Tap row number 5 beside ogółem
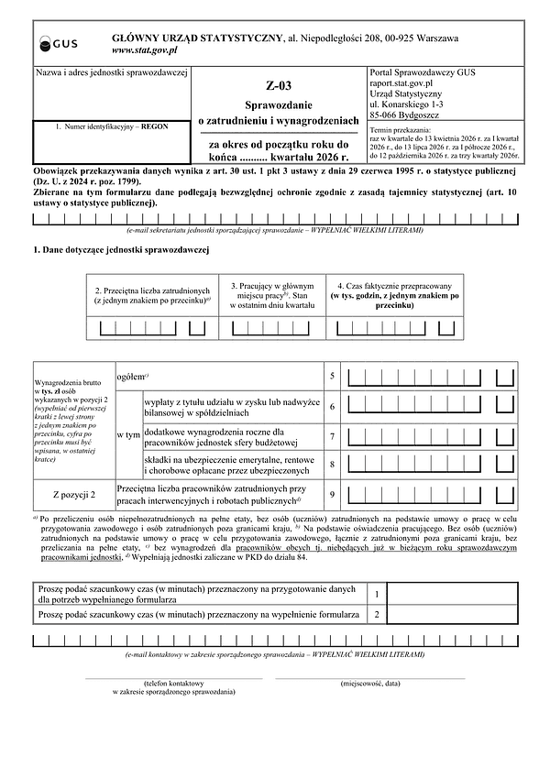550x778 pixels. [332, 377]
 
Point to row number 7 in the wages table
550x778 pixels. [332, 436]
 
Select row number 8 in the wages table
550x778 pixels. [332, 465]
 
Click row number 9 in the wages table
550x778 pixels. [332, 495]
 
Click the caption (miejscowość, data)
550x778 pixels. [369, 684]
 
